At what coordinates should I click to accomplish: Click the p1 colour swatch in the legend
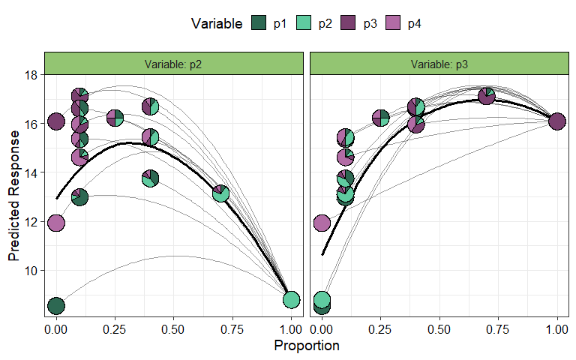259,24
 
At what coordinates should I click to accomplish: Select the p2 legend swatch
304,24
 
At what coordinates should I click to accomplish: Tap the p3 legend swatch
349,24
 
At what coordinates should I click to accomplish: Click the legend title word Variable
216,24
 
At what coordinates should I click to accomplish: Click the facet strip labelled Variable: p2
173,64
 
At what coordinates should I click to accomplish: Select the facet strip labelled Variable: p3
439,64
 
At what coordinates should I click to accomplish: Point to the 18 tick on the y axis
31,75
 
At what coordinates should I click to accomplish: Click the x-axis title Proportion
306,346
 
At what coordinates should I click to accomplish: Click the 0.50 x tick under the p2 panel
173,328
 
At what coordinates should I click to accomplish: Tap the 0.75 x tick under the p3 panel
498,328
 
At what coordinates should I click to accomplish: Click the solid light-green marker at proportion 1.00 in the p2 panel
291,300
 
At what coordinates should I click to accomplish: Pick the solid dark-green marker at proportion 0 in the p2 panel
55,305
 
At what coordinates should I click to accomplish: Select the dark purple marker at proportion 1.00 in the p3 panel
556,121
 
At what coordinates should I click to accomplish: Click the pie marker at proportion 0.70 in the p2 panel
220,193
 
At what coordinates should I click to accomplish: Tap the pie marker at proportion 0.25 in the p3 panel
380,118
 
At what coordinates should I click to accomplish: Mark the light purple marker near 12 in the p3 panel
322,223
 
